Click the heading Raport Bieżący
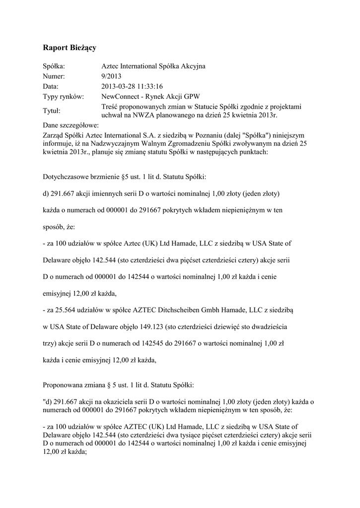tap(70, 48)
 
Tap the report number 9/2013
tap(111, 76)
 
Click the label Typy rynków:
tap(63, 96)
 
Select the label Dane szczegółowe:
tap(71, 125)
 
